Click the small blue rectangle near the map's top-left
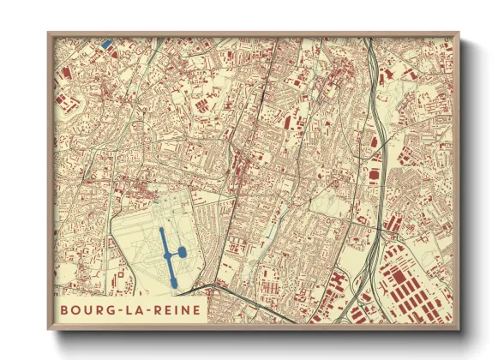[105, 44]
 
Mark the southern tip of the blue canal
[172, 283]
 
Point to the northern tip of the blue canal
[160, 230]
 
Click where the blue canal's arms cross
[167, 254]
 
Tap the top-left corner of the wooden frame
[48, 33]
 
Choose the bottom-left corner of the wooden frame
[48, 329]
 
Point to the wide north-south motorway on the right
[378, 146]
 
